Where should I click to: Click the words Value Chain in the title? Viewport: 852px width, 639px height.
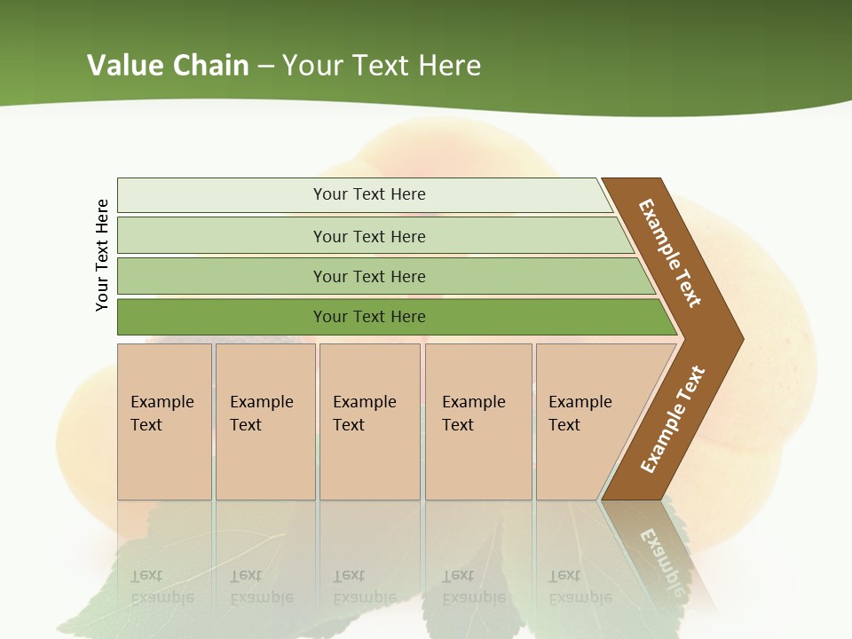[168, 66]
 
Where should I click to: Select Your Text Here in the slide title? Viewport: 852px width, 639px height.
[382, 66]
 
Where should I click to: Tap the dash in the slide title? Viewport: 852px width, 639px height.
[265, 67]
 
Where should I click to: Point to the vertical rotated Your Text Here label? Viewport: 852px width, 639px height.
[102, 255]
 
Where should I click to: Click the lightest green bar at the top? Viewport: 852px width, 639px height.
[368, 194]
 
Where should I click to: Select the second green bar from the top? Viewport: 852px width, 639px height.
[368, 236]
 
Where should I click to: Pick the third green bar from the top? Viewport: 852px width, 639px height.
[368, 276]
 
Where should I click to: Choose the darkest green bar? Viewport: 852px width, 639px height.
[368, 317]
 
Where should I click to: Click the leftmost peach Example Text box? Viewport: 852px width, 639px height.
[164, 421]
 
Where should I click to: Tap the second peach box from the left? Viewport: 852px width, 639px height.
[264, 421]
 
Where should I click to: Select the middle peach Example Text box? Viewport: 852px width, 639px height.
[369, 421]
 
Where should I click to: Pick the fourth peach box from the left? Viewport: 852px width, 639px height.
[477, 421]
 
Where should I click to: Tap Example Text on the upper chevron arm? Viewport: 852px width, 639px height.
[670, 253]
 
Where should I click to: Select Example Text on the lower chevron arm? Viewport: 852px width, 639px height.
[672, 419]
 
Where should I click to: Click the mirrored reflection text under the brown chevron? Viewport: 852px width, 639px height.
[662, 559]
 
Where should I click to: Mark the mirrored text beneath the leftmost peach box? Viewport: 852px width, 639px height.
[162, 587]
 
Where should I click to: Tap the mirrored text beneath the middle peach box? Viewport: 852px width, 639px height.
[365, 587]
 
